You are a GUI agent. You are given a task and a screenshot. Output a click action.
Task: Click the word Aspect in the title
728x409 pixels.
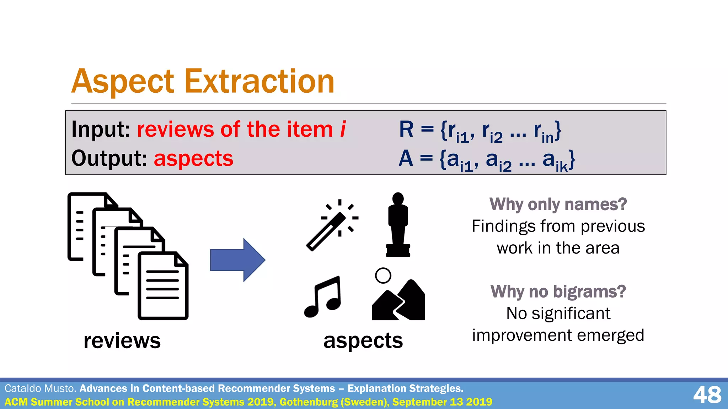123,82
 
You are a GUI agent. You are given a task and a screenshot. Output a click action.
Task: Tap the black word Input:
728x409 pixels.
101,129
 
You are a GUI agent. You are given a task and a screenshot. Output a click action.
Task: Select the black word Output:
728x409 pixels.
109,158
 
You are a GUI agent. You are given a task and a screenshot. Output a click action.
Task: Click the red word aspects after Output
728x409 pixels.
193,158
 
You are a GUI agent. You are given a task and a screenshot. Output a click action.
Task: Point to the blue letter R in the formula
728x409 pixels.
406,129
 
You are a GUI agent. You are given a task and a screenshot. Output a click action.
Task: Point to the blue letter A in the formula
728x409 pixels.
406,158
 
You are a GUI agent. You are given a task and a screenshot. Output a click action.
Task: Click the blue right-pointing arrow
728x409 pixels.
237,260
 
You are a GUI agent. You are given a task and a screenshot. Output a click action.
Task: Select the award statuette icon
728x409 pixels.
398,225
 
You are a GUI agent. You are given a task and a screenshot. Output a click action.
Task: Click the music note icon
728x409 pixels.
323,297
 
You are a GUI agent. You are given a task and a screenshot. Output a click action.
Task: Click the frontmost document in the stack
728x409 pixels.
163,286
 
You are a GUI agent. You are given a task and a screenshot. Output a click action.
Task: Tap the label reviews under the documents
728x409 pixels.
122,341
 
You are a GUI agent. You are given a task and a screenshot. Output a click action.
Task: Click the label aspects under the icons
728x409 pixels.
363,341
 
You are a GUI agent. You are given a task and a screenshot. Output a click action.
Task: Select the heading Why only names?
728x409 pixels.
558,204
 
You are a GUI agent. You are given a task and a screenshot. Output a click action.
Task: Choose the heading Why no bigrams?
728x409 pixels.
558,292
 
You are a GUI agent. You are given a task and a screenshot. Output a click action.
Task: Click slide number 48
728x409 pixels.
707,395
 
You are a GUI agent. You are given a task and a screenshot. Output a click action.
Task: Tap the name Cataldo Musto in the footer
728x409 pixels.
40,388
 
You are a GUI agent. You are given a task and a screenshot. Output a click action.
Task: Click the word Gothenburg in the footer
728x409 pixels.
308,402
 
